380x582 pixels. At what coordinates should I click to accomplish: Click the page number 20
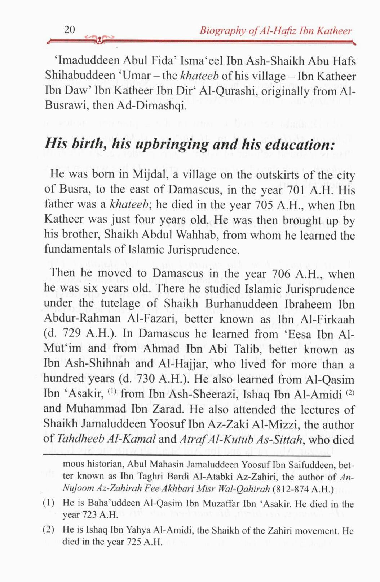point(69,30)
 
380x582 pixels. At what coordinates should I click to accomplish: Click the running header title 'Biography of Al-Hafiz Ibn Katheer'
point(276,31)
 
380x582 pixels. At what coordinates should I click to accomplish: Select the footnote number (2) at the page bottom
point(49,530)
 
